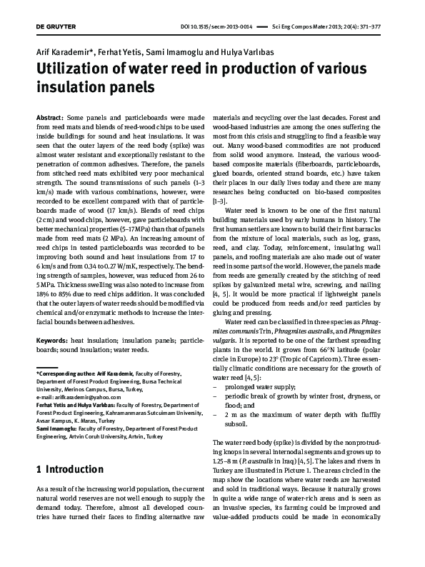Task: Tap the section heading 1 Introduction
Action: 69,469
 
